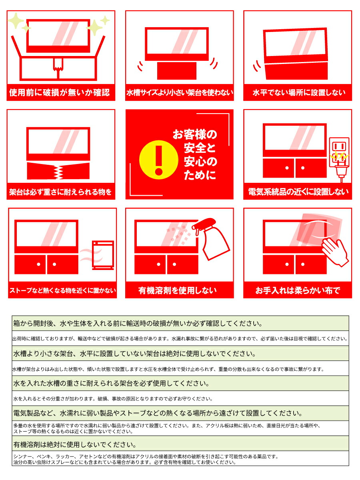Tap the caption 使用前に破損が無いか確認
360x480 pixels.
tap(59, 93)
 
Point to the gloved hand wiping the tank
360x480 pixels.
tap(335, 252)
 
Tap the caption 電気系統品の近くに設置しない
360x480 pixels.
tap(298, 192)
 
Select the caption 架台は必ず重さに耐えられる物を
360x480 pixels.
tap(60, 192)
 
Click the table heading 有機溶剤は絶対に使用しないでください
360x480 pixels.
tap(74, 444)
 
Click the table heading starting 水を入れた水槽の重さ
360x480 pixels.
tap(111, 384)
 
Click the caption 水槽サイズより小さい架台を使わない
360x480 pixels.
tap(179, 93)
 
